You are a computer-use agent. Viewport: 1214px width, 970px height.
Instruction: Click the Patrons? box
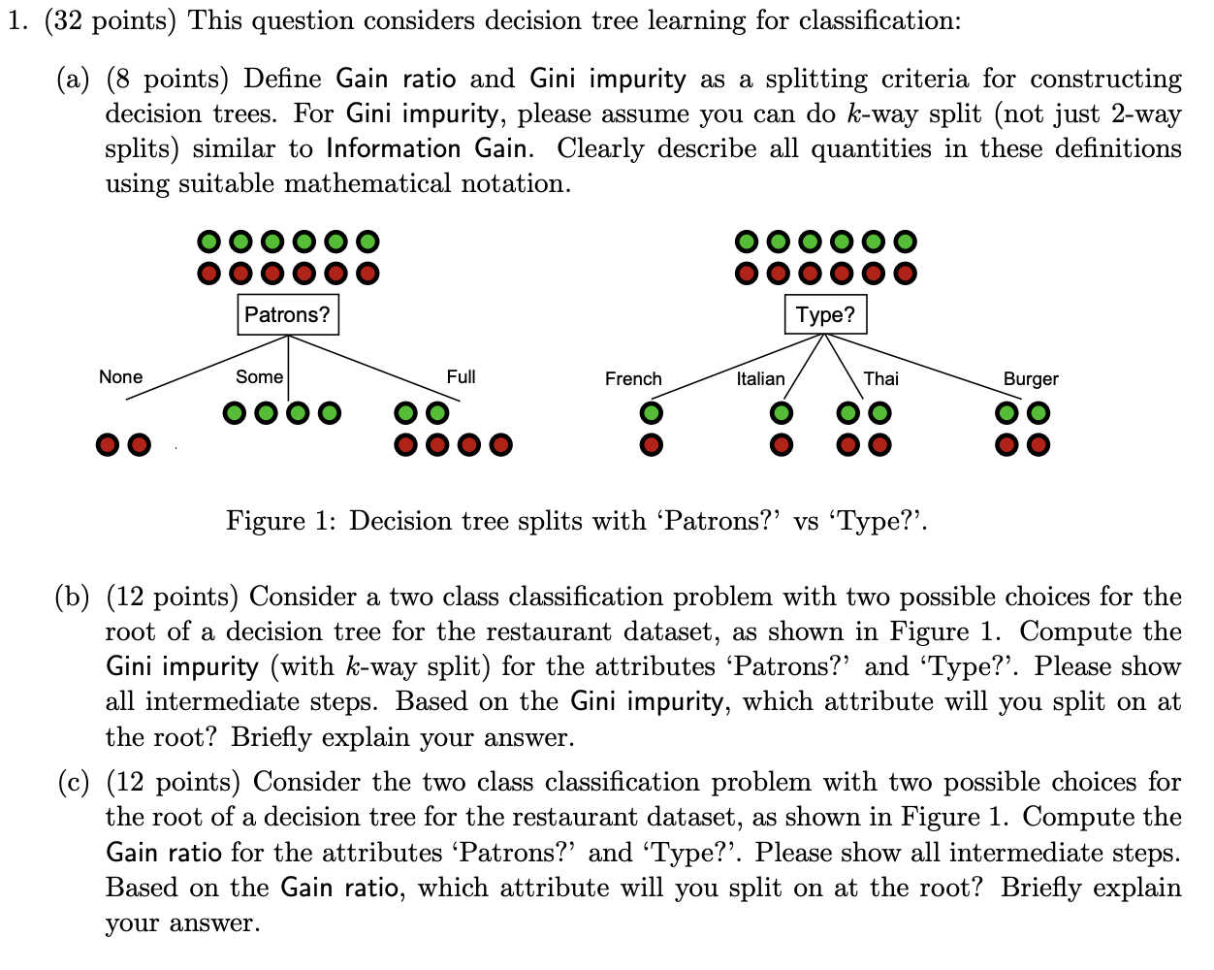(288, 314)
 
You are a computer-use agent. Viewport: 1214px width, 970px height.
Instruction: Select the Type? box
(825, 314)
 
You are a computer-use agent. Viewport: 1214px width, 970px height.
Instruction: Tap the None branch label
(120, 377)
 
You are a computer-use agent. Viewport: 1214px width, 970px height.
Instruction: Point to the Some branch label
(259, 377)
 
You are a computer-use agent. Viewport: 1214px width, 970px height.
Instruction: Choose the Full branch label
(461, 377)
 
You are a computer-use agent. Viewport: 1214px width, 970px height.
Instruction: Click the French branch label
(633, 379)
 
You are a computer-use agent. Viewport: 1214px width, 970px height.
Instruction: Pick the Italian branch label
(760, 379)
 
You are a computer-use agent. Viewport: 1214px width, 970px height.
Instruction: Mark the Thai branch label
(880, 379)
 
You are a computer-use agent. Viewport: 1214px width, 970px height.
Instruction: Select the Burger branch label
(1031, 379)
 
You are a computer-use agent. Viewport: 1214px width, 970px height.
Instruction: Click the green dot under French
(652, 414)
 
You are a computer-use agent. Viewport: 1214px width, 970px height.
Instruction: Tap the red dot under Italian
(780, 445)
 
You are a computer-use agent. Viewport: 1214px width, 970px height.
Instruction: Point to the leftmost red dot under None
(109, 445)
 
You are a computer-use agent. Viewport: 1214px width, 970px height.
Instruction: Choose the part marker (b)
(73, 597)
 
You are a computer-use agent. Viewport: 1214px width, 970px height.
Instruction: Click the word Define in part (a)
(285, 79)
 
